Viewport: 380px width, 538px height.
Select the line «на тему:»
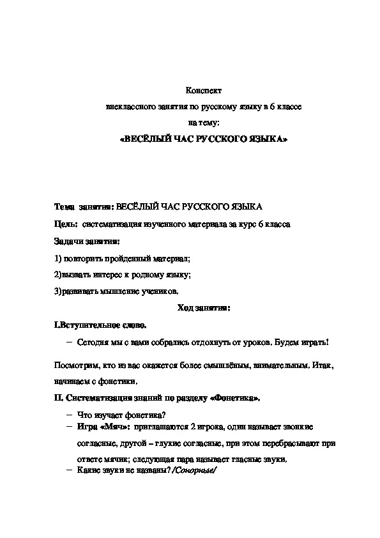(x=202, y=122)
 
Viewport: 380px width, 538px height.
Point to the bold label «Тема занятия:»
(x=84, y=208)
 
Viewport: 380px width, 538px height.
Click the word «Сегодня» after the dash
(x=91, y=342)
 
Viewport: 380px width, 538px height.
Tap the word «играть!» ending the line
(x=315, y=342)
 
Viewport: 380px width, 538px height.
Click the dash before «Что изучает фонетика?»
(x=69, y=415)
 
